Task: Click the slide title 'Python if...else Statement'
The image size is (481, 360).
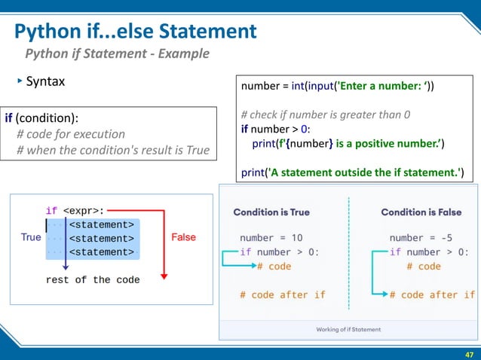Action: point(136,32)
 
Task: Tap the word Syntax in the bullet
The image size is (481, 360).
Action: point(45,81)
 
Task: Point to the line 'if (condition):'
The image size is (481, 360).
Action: point(41,118)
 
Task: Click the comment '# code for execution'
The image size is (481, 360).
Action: point(71,134)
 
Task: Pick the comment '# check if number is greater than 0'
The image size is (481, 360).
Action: point(326,115)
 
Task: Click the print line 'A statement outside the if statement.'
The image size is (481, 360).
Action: point(351,172)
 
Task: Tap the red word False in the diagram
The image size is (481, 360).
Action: point(183,237)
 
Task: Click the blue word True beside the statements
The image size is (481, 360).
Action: point(31,237)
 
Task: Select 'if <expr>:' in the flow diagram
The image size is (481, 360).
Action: point(75,211)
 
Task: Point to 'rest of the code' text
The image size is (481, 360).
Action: point(93,279)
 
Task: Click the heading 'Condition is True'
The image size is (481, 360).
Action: point(271,212)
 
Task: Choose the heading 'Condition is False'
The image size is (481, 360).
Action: point(421,212)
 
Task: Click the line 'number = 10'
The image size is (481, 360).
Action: point(270,238)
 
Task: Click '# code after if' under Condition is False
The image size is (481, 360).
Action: point(432,294)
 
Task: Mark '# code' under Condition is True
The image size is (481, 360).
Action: point(274,266)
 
